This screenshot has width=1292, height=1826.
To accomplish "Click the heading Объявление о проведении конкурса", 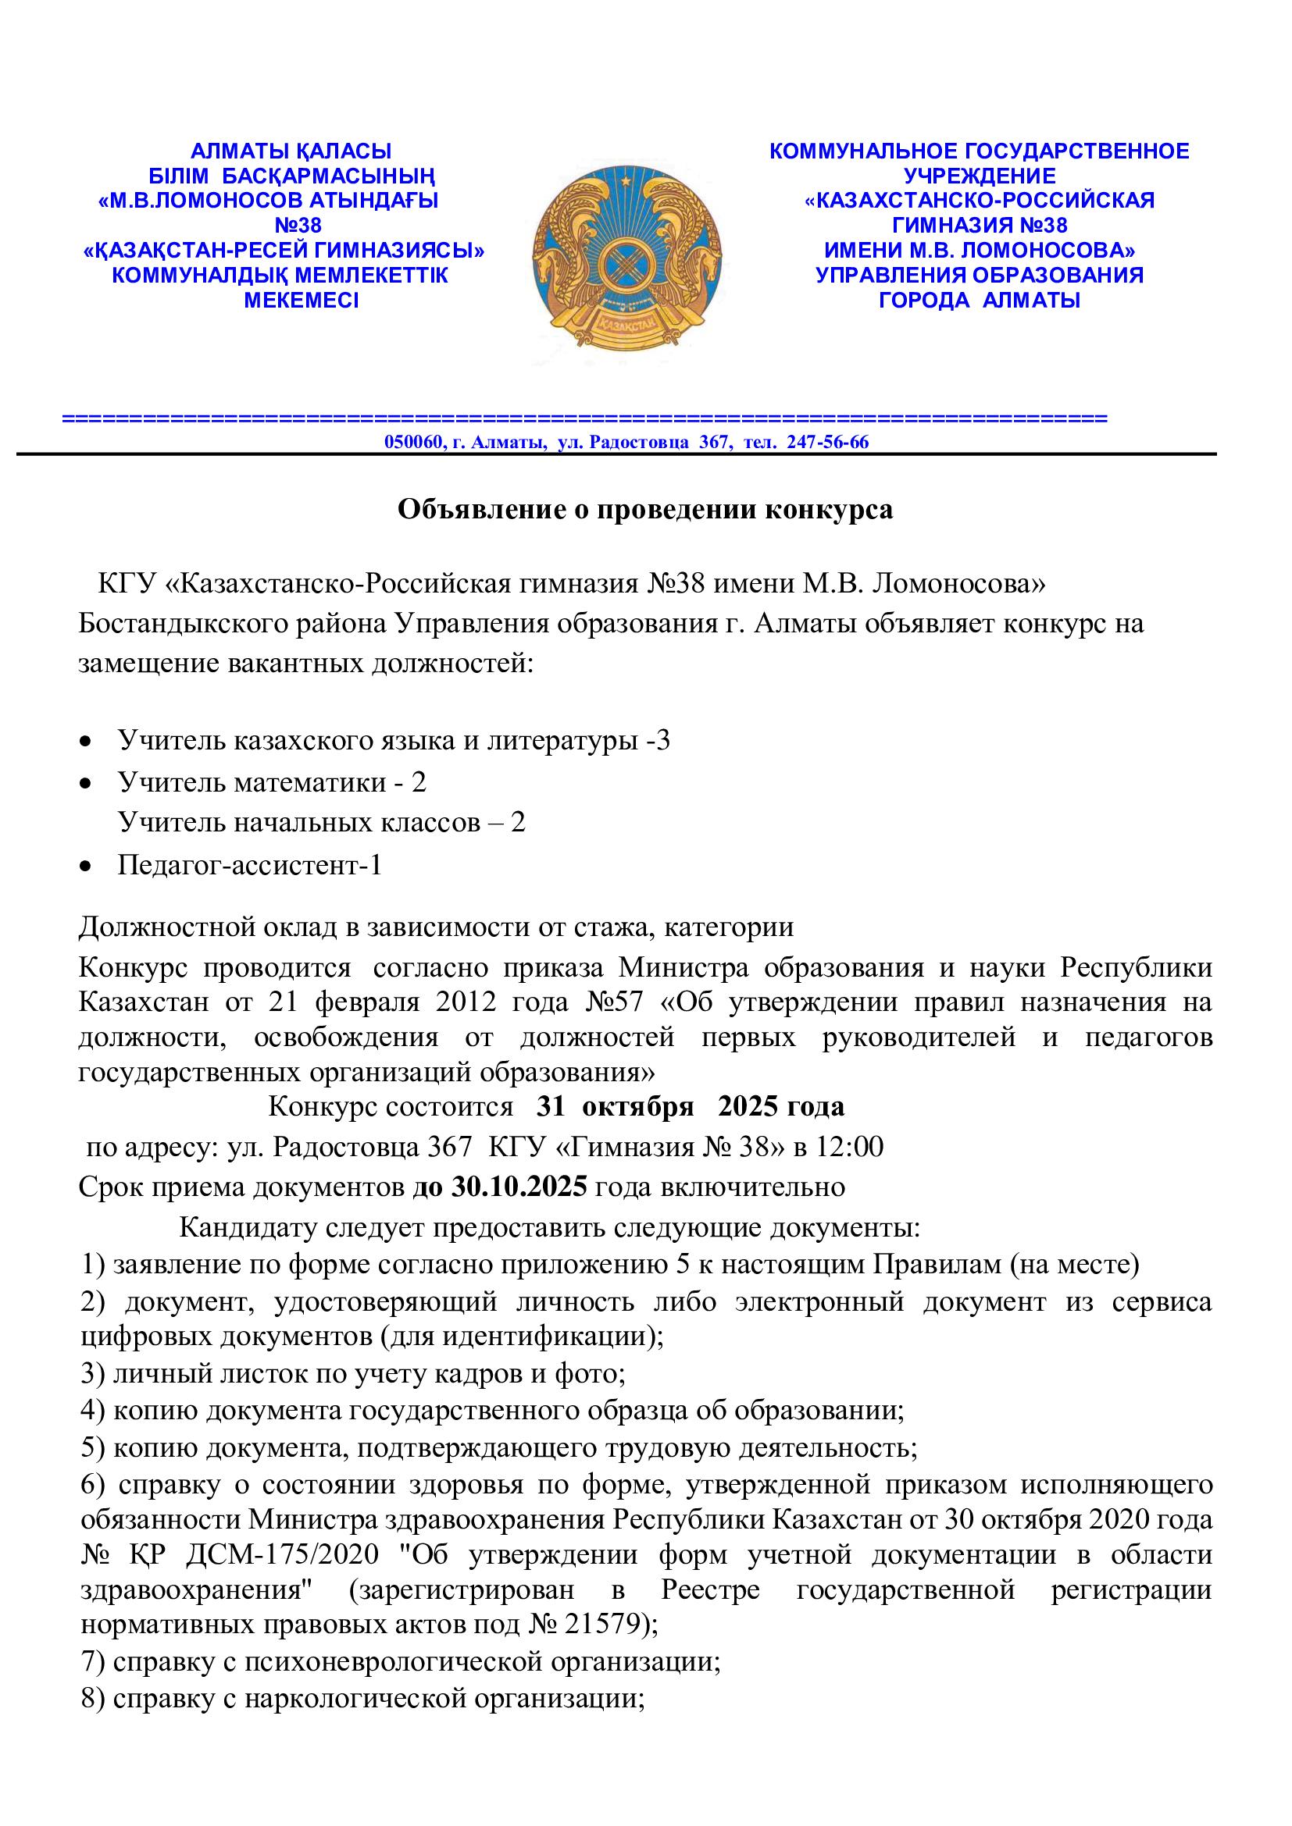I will (645, 510).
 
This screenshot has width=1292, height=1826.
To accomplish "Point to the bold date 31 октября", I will (616, 1106).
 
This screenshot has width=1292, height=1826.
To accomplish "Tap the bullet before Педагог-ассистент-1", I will (85, 866).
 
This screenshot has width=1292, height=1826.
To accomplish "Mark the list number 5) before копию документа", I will (93, 1448).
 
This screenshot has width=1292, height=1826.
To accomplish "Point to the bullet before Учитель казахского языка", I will (85, 742).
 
